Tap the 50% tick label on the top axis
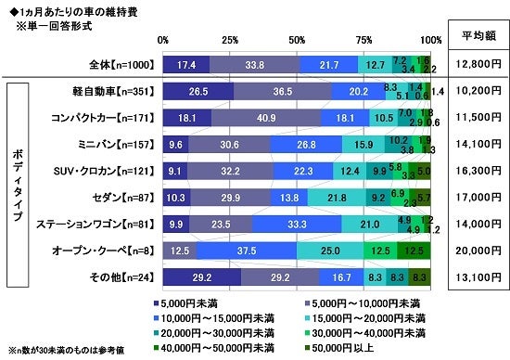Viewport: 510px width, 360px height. [298, 40]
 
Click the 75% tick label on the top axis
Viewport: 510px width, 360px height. [364, 40]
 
